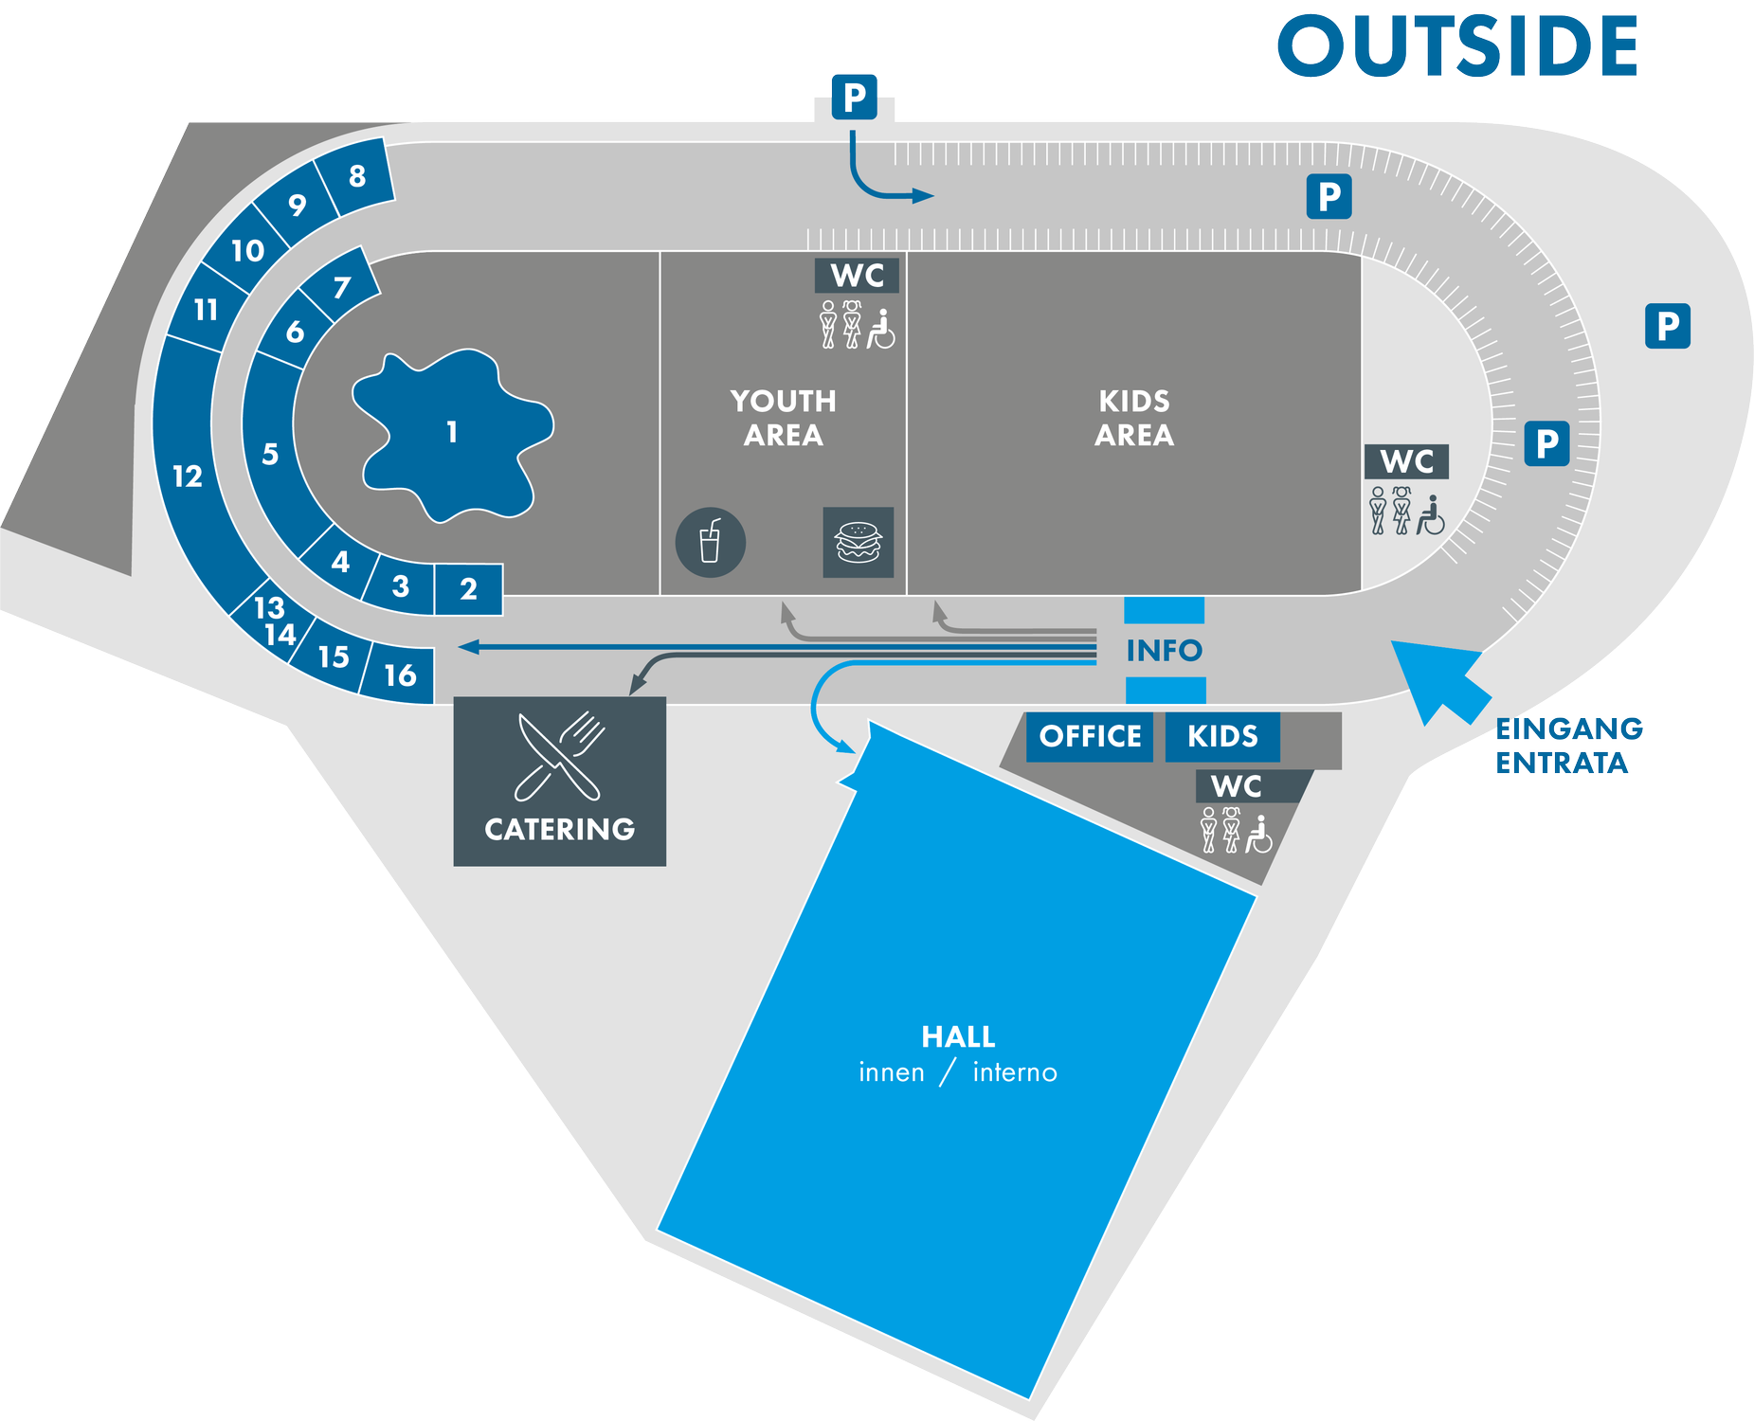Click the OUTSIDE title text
click(x=1457, y=46)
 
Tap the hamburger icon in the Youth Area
click(x=858, y=543)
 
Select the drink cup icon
click(x=710, y=543)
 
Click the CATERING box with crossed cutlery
click(x=559, y=782)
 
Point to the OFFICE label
click(x=1090, y=736)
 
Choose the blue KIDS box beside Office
click(x=1222, y=736)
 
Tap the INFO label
click(x=1164, y=651)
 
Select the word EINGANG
click(x=1569, y=728)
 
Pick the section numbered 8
click(x=356, y=176)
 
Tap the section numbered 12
click(x=188, y=476)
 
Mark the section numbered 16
click(x=400, y=675)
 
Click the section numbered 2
click(x=468, y=589)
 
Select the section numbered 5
click(x=270, y=455)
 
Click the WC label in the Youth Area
click(x=857, y=276)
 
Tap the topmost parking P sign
click(x=855, y=97)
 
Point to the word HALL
click(x=958, y=1037)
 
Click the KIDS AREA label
click(x=1133, y=418)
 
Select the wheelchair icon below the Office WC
click(x=1258, y=835)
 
